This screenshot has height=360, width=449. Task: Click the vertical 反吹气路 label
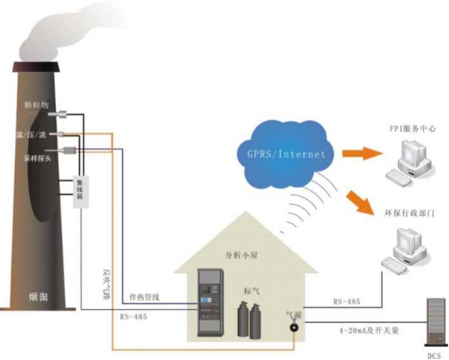pyautogui.click(x=104, y=285)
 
